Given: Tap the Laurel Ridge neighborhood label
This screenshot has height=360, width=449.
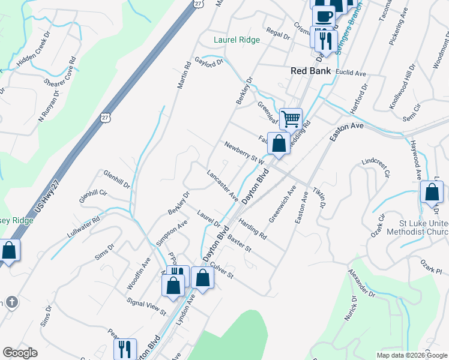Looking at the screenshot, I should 237,40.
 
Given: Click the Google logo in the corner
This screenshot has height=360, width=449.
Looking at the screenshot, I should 20,353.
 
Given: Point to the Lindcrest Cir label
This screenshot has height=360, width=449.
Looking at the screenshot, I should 376,169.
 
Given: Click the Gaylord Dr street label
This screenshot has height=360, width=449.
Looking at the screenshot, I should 208,61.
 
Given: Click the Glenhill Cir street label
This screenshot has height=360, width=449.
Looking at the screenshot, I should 92,194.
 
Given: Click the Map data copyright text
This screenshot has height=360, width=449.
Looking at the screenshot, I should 412,355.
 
